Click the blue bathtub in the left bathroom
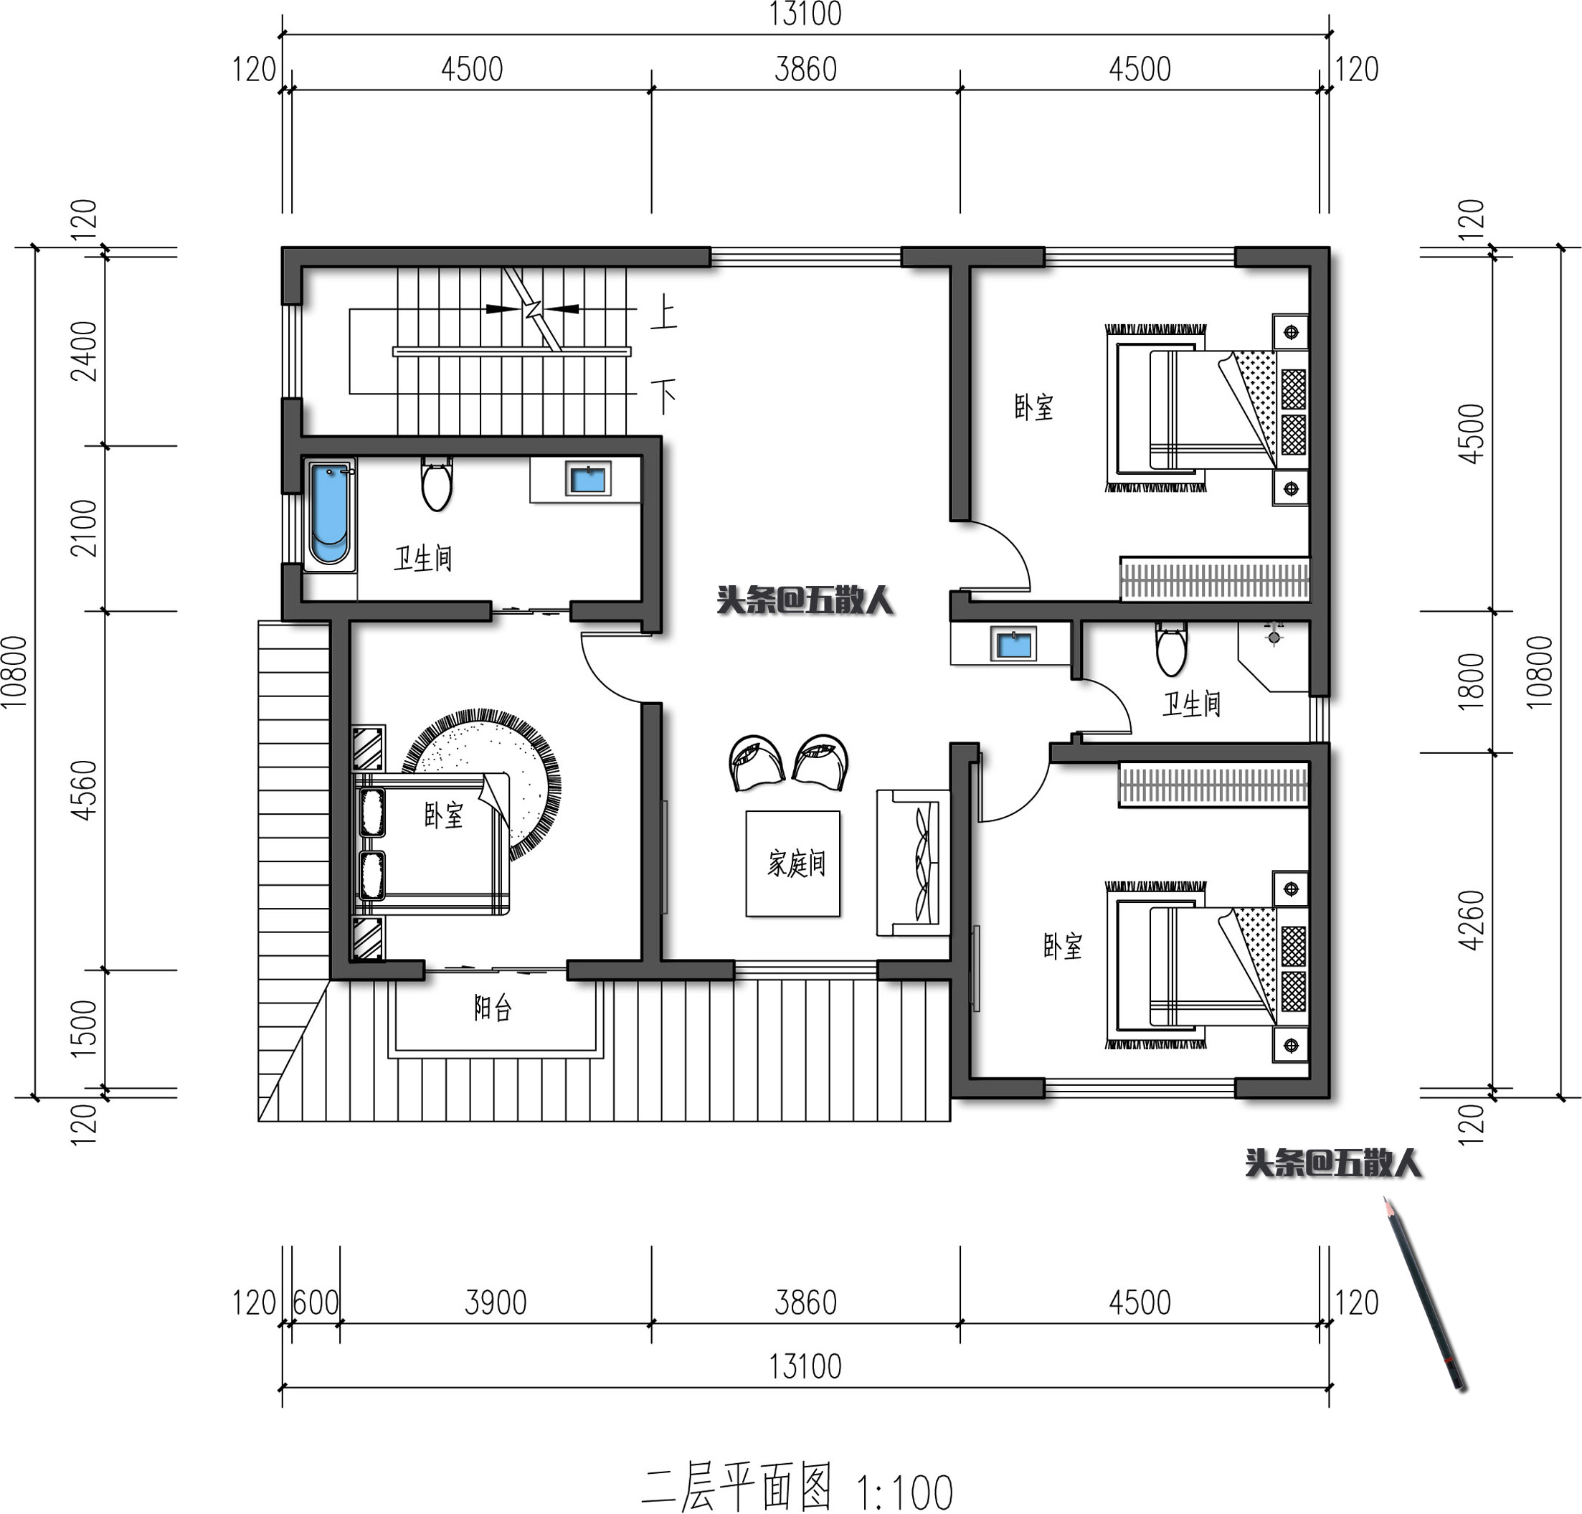(329, 514)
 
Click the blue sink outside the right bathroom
(1013, 645)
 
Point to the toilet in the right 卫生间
(1170, 650)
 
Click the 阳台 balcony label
(493, 1008)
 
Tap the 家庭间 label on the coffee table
(796, 864)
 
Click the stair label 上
(663, 312)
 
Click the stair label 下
(663, 395)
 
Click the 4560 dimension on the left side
(84, 790)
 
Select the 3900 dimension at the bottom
(495, 1302)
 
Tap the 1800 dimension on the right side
(1471, 681)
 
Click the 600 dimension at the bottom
(316, 1302)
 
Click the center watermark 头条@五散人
(804, 600)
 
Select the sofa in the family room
(914, 862)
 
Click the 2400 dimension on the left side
(84, 351)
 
